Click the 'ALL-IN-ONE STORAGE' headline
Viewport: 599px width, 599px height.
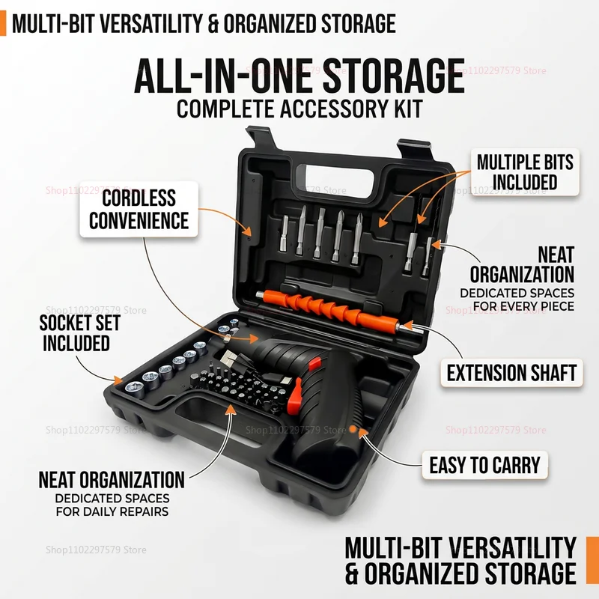[x=299, y=76]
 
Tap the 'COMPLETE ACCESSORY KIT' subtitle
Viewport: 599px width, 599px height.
[x=299, y=109]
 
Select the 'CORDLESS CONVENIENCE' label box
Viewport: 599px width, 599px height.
[x=139, y=209]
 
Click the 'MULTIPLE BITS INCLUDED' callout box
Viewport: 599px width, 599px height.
[x=525, y=172]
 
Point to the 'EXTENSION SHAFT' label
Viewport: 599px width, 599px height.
[x=511, y=373]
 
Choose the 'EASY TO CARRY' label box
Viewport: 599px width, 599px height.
[x=484, y=465]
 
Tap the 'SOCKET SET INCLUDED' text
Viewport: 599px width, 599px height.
[x=80, y=332]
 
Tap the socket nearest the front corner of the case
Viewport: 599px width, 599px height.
[x=134, y=389]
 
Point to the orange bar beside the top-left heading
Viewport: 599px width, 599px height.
[x=3, y=23]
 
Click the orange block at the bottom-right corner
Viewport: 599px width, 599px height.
[x=592, y=560]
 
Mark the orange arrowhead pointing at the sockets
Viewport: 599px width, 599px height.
[x=118, y=380]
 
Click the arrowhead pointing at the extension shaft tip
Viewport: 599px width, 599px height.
[x=407, y=326]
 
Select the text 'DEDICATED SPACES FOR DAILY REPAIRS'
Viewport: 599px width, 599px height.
[x=112, y=505]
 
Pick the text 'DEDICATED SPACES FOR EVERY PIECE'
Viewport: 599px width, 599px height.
[x=517, y=299]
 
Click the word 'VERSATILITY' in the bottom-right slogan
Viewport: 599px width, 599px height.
[x=513, y=547]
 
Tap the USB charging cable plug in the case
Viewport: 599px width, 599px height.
[x=230, y=358]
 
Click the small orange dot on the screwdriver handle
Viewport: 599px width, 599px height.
[x=353, y=428]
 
